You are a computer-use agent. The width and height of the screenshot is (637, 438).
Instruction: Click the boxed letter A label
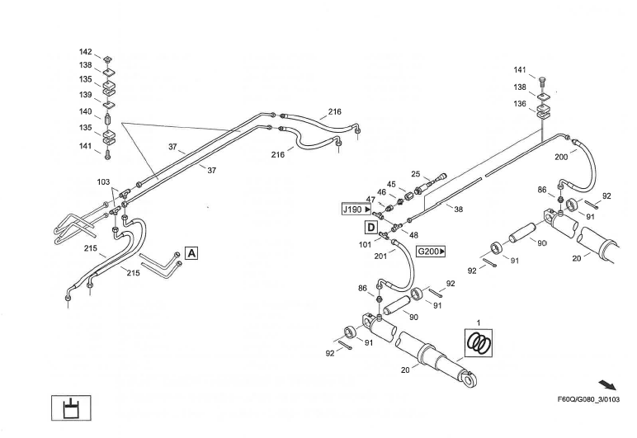click(191, 253)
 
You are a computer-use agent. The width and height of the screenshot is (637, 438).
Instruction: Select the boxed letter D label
click(372, 226)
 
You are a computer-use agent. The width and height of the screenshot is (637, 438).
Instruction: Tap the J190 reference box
click(356, 210)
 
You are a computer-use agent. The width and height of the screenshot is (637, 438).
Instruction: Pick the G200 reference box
click(431, 251)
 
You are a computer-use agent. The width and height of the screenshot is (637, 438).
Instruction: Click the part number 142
click(86, 52)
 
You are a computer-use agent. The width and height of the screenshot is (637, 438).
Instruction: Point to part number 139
click(86, 95)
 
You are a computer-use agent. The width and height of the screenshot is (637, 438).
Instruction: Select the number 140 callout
click(86, 111)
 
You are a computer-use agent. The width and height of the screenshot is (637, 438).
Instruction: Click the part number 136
click(520, 103)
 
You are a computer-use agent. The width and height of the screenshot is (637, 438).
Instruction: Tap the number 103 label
click(103, 181)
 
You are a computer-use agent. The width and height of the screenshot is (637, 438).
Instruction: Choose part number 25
click(416, 174)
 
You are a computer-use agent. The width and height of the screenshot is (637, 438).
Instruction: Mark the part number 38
click(458, 210)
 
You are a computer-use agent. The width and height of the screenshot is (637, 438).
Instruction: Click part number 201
click(380, 256)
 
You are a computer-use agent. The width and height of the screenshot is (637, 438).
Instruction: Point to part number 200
click(561, 156)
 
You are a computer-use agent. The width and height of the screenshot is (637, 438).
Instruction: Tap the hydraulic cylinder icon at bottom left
click(72, 407)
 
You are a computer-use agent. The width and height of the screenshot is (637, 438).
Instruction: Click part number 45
click(391, 184)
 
